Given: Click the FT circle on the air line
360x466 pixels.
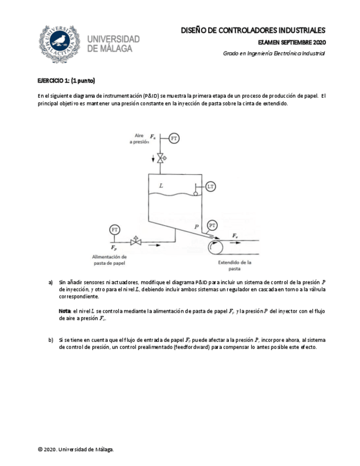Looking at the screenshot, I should (x=174, y=138).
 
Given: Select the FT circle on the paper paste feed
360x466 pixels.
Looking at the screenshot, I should (x=115, y=229).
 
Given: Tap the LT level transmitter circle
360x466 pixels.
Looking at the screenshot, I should (x=211, y=187).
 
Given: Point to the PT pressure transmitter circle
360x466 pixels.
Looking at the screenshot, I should (x=213, y=225).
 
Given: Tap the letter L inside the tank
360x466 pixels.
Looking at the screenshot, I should (x=161, y=186).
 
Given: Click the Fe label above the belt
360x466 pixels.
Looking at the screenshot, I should (x=235, y=236).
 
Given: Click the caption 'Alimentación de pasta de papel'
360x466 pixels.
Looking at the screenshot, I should (x=110, y=260).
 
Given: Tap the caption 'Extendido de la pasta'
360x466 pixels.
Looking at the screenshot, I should (x=235, y=265).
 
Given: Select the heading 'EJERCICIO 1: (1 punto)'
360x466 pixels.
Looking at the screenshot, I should (x=67, y=81).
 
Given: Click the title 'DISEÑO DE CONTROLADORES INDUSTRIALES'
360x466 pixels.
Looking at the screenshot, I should (x=253, y=31).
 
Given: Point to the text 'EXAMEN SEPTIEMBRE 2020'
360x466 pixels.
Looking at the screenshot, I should (x=291, y=42).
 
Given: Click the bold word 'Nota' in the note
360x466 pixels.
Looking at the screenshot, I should (x=65, y=311).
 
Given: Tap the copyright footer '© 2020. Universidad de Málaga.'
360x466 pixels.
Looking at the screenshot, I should (x=76, y=450).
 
